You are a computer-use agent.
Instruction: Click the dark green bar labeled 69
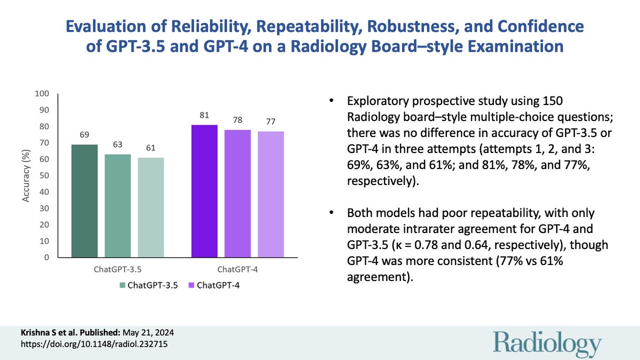coord(85,201)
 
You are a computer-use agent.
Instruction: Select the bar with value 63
coord(118,206)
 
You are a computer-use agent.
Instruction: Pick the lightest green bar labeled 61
coord(151,207)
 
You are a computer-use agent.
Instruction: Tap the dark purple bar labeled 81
coord(204,191)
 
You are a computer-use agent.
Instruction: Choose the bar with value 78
coord(237,194)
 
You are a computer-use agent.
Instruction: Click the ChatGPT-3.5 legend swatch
coord(123,285)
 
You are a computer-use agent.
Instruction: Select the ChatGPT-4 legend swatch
coord(190,285)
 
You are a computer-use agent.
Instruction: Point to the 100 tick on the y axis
coord(42,94)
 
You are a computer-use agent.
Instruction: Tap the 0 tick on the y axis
coord(46,258)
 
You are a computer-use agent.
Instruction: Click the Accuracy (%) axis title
coord(25,175)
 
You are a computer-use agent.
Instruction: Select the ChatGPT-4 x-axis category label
coord(237,270)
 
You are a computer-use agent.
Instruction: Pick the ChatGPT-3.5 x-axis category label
coord(118,270)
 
